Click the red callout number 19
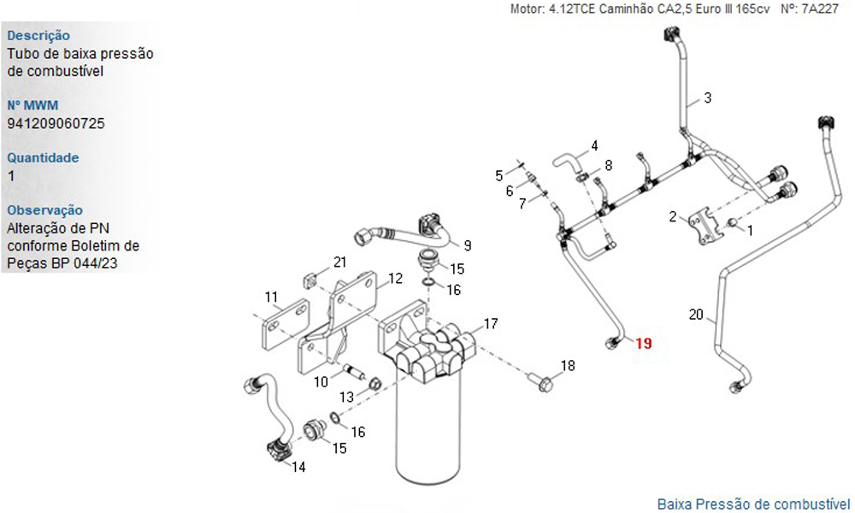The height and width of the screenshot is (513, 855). click(644, 344)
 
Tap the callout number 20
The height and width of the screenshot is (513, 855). click(696, 315)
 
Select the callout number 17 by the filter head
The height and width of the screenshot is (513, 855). click(491, 324)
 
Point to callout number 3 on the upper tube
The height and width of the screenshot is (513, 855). click(708, 98)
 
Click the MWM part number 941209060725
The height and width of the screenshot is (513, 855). click(56, 124)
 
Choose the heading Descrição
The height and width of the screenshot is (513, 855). click(38, 35)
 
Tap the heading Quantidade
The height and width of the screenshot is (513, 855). click(43, 158)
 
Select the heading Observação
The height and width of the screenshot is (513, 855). click(45, 210)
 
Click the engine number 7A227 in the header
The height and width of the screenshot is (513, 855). click(820, 9)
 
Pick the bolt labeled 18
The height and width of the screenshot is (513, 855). click(540, 382)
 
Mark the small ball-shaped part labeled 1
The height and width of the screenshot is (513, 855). click(734, 222)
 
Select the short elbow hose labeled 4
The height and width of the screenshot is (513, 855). click(567, 162)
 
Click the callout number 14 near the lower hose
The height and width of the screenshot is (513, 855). click(298, 467)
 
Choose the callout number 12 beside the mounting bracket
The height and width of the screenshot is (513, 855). click(395, 279)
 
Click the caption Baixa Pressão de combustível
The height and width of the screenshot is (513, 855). click(753, 504)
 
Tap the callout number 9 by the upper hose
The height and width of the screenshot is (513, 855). click(468, 246)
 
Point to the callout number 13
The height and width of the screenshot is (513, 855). click(347, 397)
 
